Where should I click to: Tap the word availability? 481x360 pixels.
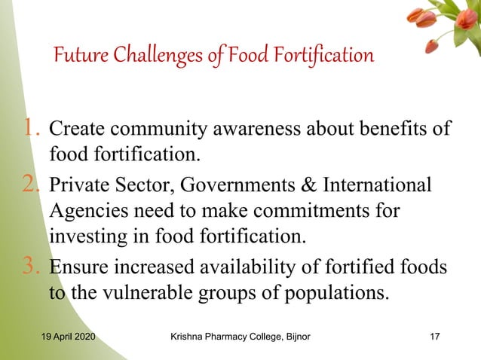tap(270, 267)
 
